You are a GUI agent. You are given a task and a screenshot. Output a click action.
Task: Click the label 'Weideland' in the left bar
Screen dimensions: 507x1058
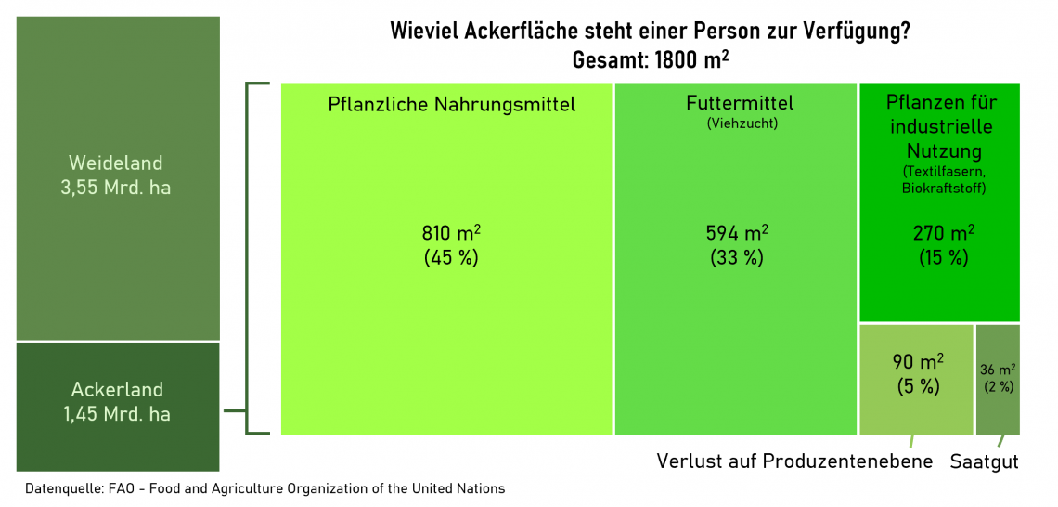click(116, 162)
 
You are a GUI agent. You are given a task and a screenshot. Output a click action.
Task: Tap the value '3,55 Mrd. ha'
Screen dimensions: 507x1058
click(116, 188)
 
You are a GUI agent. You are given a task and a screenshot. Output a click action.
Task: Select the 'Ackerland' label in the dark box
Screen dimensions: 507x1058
click(117, 389)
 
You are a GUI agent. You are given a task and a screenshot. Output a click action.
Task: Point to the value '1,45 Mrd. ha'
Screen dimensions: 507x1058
click(117, 414)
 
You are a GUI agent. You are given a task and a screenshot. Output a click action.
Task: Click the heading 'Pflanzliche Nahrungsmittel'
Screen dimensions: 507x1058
click(452, 104)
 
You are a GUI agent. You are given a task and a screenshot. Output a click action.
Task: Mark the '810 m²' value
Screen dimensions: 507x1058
click(451, 233)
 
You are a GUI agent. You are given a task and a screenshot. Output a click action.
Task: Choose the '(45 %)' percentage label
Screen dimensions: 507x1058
click(451, 257)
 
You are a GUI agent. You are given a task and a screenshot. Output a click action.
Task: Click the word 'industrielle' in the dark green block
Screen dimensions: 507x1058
click(941, 126)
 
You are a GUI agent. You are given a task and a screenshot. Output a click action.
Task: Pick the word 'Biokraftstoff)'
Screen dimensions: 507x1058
click(943, 188)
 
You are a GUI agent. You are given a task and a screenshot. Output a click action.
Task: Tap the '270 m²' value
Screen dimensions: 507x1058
click(943, 233)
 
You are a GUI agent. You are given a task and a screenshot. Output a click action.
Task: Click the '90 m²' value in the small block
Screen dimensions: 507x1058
click(918, 362)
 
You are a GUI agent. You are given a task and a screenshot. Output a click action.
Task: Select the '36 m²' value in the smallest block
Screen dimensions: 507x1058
click(998, 370)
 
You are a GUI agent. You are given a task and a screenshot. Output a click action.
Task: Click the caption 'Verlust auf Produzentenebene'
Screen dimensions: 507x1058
click(794, 461)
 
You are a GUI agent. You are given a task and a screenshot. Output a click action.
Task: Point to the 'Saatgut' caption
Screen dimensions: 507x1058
click(984, 461)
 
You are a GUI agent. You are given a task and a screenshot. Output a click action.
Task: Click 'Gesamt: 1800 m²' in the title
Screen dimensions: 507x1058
click(650, 60)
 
